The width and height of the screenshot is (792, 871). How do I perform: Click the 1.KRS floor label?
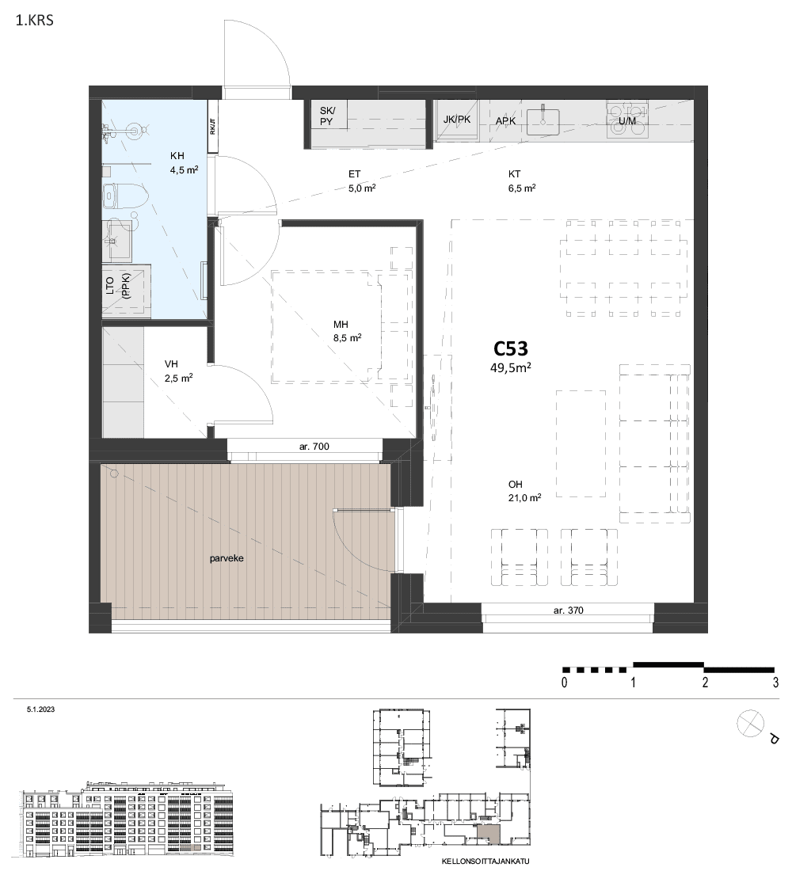[x=35, y=21]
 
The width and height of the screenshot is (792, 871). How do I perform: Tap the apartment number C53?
[x=510, y=348]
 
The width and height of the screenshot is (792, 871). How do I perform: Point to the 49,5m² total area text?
[x=510, y=367]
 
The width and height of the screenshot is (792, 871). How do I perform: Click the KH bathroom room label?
[x=177, y=156]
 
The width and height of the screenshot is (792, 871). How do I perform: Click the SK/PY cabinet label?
[x=327, y=116]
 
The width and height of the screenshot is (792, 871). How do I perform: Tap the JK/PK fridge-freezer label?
[x=457, y=120]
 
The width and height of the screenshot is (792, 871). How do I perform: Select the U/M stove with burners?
[x=627, y=120]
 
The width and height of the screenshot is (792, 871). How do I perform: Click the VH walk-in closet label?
[x=171, y=364]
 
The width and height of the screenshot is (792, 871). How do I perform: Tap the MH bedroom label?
[x=341, y=325]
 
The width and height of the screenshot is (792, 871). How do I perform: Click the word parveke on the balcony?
[x=227, y=558]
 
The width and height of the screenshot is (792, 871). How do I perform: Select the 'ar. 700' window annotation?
[x=314, y=446]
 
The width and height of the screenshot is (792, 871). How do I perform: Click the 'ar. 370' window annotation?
[x=568, y=610]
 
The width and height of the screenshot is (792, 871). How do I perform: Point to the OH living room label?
[x=516, y=485]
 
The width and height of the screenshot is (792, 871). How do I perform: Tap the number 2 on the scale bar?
[x=705, y=683]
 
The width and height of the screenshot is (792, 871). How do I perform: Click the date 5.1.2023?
[x=40, y=709]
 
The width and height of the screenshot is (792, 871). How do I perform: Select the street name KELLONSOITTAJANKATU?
[x=485, y=861]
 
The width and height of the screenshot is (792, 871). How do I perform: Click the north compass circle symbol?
[x=750, y=724]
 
